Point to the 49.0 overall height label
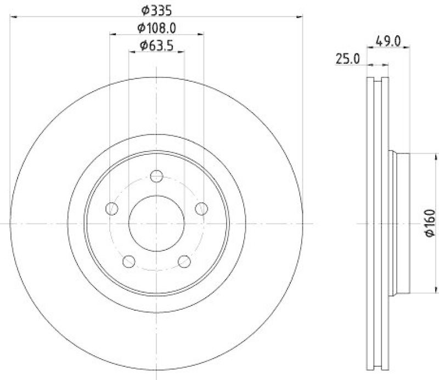(x=387, y=41)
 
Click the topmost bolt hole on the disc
(x=157, y=176)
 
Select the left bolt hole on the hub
(x=111, y=209)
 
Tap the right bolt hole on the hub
(x=202, y=209)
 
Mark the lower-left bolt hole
(x=129, y=261)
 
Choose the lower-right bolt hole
(x=185, y=261)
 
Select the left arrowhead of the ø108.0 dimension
(x=113, y=35)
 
